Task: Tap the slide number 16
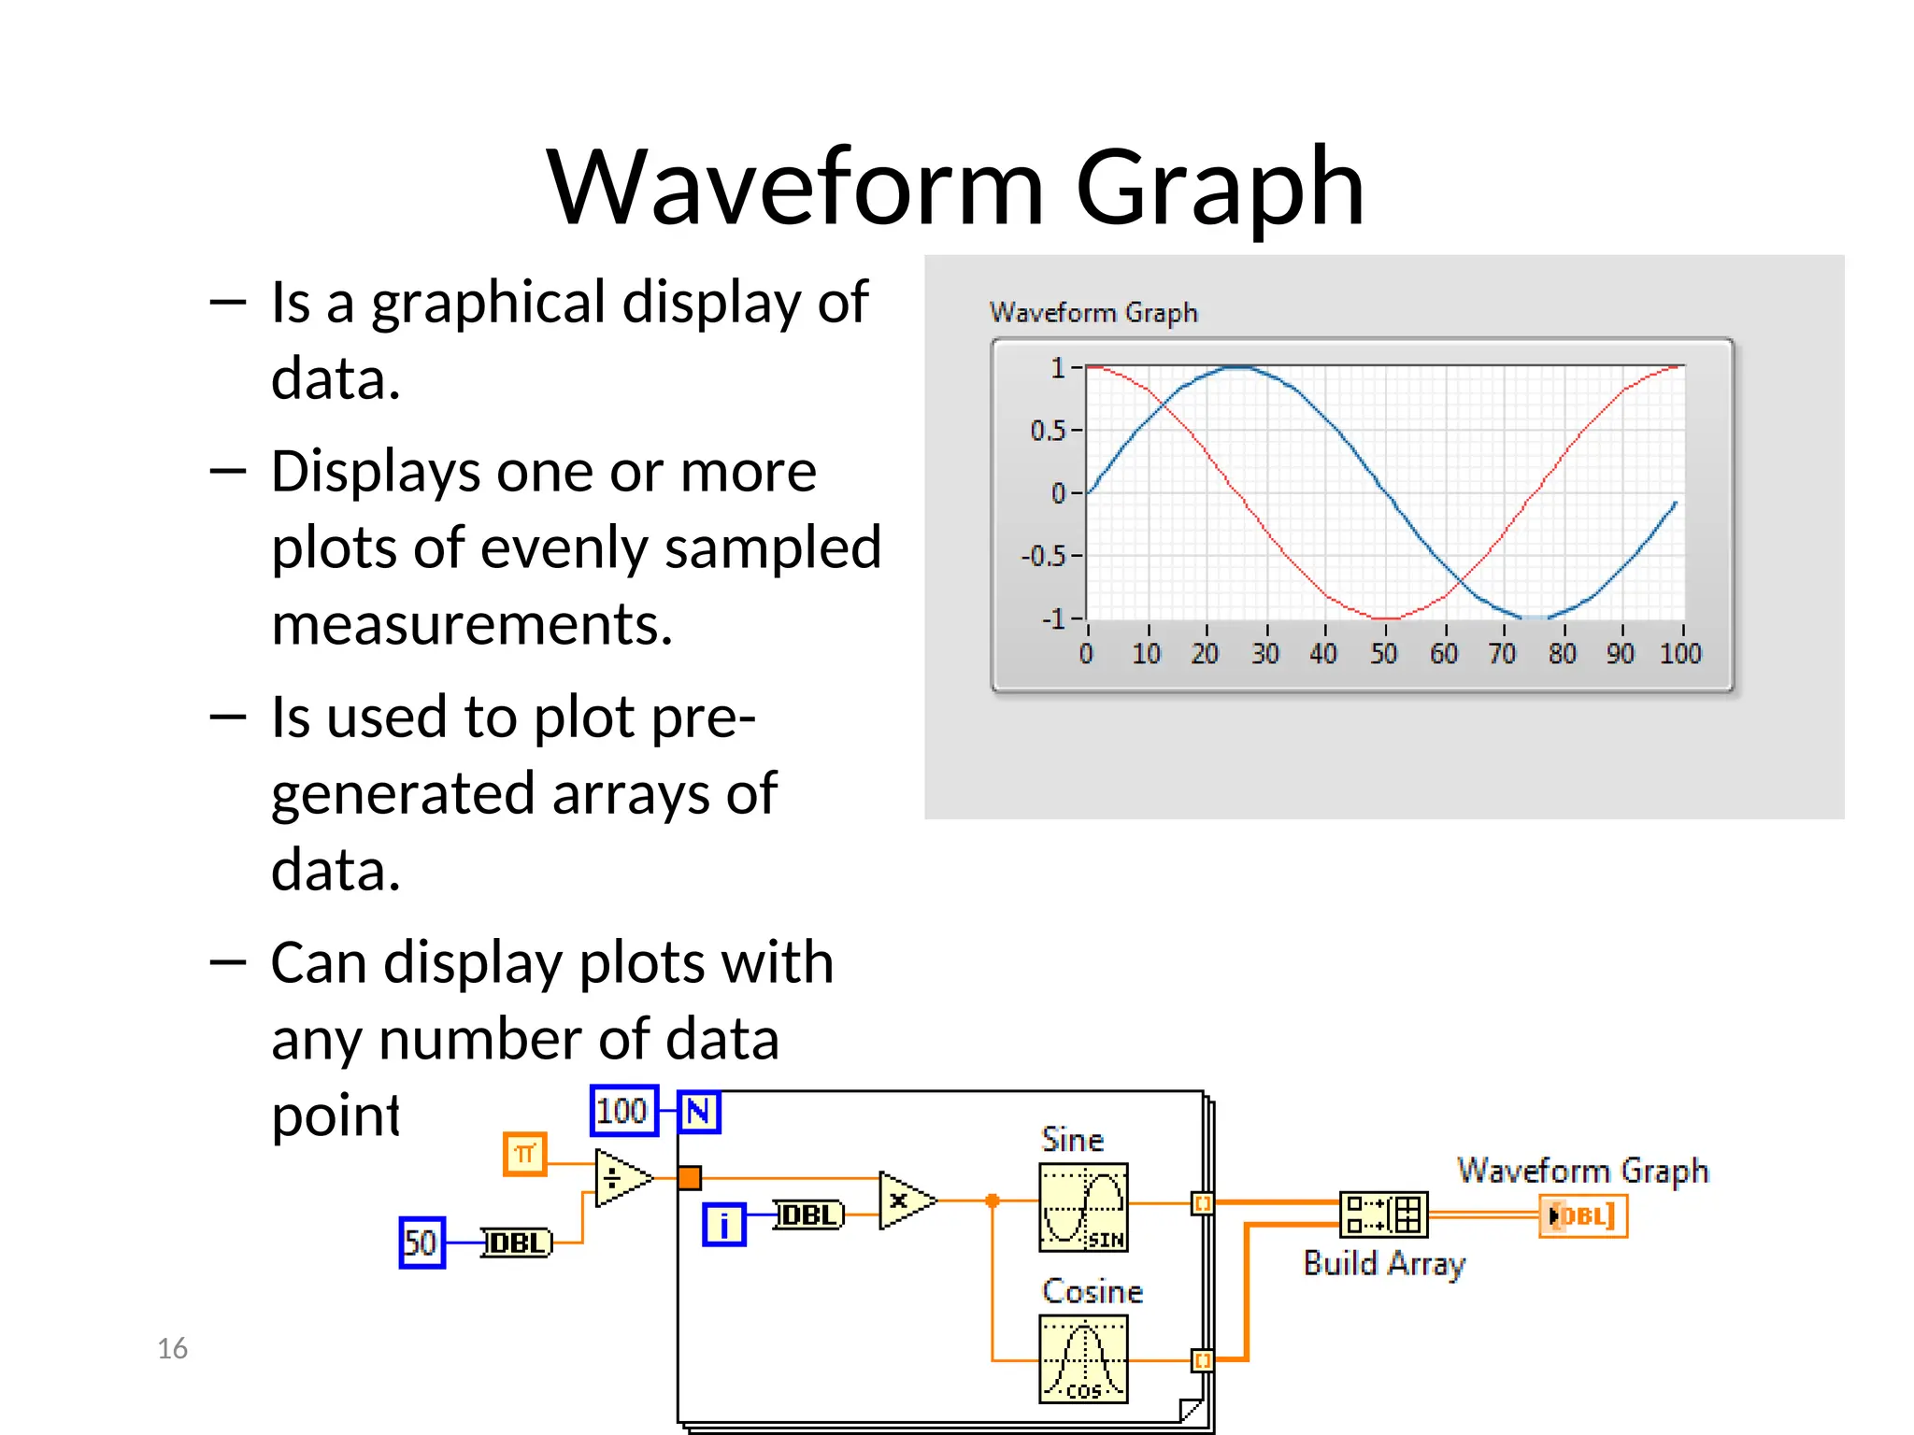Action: pos(172,1348)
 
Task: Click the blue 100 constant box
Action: pos(623,1111)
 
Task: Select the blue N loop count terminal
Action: pos(699,1112)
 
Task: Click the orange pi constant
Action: pos(524,1154)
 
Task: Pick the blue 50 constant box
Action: pos(421,1243)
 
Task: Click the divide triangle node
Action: pos(620,1178)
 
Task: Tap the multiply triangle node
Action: pos(904,1201)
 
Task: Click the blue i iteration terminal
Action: pos(724,1225)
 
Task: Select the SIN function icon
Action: pos(1083,1207)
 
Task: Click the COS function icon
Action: pos(1083,1359)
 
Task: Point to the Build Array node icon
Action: pos(1383,1215)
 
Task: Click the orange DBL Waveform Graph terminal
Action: pos(1583,1216)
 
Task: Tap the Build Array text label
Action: pos(1384,1263)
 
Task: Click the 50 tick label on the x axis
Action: pos(1383,654)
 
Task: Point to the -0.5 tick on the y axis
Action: pos(1047,557)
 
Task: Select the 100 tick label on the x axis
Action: pos(1680,654)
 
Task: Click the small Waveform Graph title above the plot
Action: pos(1093,312)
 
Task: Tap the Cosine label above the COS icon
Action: pos(1092,1291)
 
